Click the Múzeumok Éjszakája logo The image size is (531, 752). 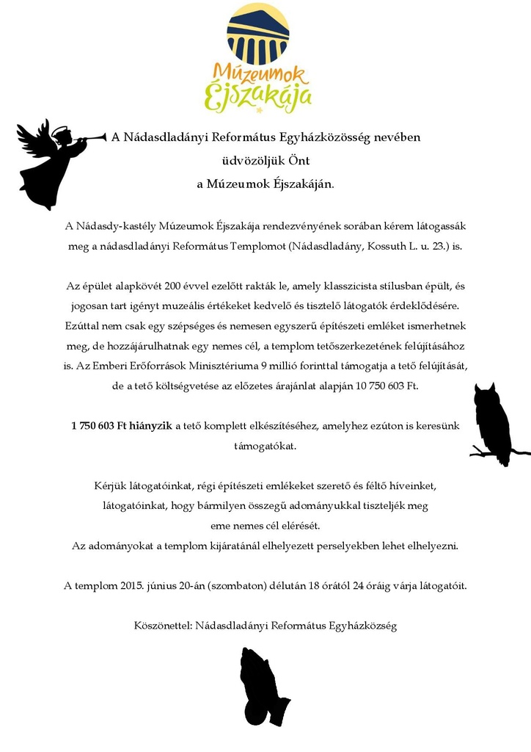click(x=257, y=59)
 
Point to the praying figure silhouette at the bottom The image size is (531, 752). click(x=262, y=688)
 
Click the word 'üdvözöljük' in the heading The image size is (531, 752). click(x=249, y=161)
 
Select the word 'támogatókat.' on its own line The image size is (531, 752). click(x=265, y=446)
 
